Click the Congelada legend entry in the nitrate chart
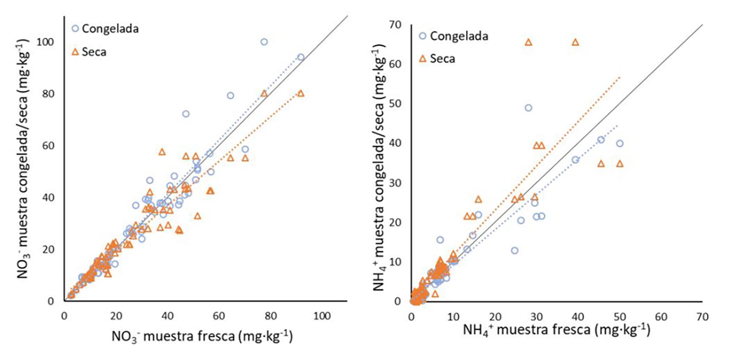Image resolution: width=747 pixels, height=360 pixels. [x=105, y=29]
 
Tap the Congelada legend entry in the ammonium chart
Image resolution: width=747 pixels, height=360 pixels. [x=453, y=36]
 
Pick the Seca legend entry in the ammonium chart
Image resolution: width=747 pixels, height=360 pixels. [x=437, y=59]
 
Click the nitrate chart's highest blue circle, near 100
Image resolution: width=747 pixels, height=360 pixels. [x=264, y=42]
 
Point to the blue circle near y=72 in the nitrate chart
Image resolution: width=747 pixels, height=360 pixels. [x=186, y=114]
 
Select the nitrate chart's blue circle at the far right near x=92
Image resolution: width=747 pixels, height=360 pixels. [x=301, y=57]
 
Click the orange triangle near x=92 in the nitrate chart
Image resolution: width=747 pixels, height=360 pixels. [x=301, y=94]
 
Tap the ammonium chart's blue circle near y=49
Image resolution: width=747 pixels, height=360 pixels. [x=528, y=108]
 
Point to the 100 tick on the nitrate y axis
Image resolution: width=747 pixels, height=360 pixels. [x=45, y=42]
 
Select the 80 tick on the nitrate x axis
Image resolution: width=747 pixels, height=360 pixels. [x=271, y=316]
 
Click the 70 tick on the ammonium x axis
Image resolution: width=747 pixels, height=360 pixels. [x=702, y=317]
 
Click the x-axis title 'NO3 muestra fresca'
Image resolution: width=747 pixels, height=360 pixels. [x=202, y=336]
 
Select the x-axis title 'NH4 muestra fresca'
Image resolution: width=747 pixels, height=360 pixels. [x=557, y=330]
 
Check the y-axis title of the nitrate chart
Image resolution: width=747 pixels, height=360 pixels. [x=23, y=158]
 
